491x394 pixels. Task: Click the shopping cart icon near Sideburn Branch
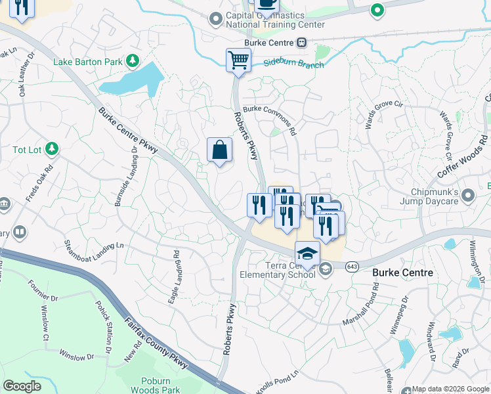[x=238, y=61]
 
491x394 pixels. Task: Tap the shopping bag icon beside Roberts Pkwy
[x=219, y=150]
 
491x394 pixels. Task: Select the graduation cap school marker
[x=307, y=253]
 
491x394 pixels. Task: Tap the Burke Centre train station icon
[x=301, y=43]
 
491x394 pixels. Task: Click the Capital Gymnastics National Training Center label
[x=275, y=20]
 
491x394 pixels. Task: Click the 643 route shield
[x=352, y=266]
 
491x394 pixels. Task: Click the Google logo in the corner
[x=22, y=386]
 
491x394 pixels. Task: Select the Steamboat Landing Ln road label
[x=94, y=245]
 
